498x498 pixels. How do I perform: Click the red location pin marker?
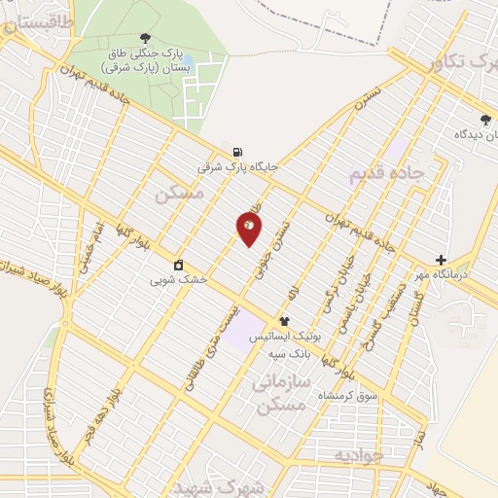(250, 228)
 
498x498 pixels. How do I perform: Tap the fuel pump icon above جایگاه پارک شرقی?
(236, 152)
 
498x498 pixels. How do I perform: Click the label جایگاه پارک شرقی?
(238, 167)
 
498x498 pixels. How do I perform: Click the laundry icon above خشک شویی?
(179, 265)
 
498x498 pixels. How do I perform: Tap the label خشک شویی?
(179, 280)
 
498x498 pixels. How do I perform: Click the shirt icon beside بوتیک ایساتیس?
(285, 320)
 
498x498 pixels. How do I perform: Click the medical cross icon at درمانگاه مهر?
(442, 260)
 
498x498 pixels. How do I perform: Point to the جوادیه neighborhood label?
(354, 455)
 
